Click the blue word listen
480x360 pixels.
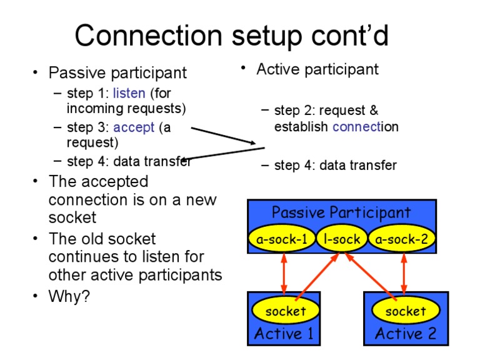[129, 93]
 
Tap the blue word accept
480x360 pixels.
[134, 127]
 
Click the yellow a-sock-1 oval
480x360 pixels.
[282, 239]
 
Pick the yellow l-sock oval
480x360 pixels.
[342, 239]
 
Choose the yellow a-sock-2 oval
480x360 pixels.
[402, 239]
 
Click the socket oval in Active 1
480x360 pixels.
[285, 311]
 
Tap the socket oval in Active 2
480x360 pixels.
[406, 311]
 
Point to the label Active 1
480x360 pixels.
[284, 333]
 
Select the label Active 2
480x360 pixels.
[406, 333]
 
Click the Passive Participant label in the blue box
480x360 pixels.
[341, 212]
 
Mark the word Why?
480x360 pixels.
[69, 296]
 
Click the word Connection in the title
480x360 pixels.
[149, 36]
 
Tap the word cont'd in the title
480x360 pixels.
[350, 36]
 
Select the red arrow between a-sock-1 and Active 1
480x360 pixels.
[284, 273]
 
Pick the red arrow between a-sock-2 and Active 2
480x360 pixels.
[404, 273]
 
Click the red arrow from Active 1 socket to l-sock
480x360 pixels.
[317, 276]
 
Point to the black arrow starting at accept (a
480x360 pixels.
[223, 135]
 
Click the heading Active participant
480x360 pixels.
[317, 69]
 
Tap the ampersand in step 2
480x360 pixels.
[374, 110]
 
